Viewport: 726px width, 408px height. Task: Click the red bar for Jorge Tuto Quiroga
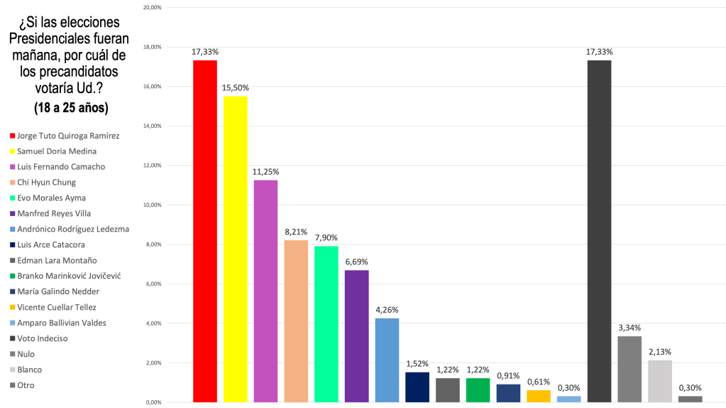click(205, 231)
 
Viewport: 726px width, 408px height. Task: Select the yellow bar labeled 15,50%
click(236, 249)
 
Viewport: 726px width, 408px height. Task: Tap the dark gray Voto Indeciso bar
click(599, 231)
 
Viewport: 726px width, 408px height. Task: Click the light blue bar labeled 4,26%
click(387, 360)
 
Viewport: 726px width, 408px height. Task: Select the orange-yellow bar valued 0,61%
click(539, 395)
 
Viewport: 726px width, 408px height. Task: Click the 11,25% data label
click(266, 172)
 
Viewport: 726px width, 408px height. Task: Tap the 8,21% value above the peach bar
click(296, 232)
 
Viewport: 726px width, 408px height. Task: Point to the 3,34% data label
click(629, 328)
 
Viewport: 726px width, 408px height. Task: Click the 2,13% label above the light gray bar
click(659, 352)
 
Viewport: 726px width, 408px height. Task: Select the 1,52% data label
click(417, 364)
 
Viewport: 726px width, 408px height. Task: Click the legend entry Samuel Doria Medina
click(57, 151)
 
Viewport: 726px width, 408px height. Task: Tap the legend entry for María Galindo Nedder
click(59, 291)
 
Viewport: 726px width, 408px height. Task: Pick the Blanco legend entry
click(30, 370)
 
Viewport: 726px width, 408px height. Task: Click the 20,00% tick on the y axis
click(153, 8)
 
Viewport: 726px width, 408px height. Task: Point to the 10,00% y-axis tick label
click(153, 205)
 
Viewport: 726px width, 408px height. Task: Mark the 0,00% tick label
click(154, 402)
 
